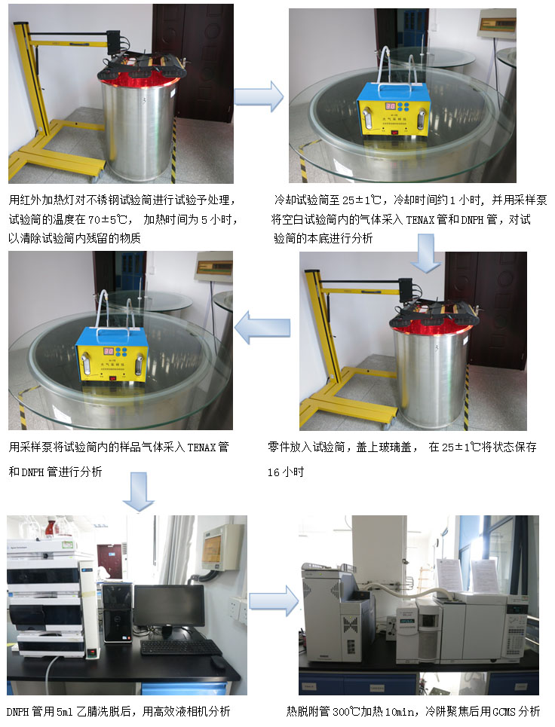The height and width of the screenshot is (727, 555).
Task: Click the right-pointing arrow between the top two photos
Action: pyautogui.click(x=259, y=96)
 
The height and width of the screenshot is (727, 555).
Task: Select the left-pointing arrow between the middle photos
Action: pyautogui.click(x=262, y=328)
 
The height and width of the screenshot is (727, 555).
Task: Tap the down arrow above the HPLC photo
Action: pyautogui.click(x=138, y=492)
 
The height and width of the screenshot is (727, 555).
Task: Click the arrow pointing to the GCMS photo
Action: pyautogui.click(x=274, y=601)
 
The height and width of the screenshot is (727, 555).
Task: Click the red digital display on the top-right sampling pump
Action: pyautogui.click(x=391, y=107)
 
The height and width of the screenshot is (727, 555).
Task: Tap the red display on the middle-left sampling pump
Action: pyautogui.click(x=109, y=351)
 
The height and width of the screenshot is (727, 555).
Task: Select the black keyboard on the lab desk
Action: pyautogui.click(x=180, y=647)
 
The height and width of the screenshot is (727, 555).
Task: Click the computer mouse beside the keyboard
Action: pyautogui.click(x=217, y=662)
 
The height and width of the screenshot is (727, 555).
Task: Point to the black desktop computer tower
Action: pyautogui.click(x=116, y=613)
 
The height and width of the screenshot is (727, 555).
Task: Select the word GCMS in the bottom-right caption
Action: pyautogui.click(x=504, y=711)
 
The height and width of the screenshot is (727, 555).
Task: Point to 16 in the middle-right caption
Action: pyautogui.click(x=273, y=472)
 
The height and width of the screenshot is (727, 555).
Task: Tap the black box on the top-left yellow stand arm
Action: pyautogui.click(x=113, y=41)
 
